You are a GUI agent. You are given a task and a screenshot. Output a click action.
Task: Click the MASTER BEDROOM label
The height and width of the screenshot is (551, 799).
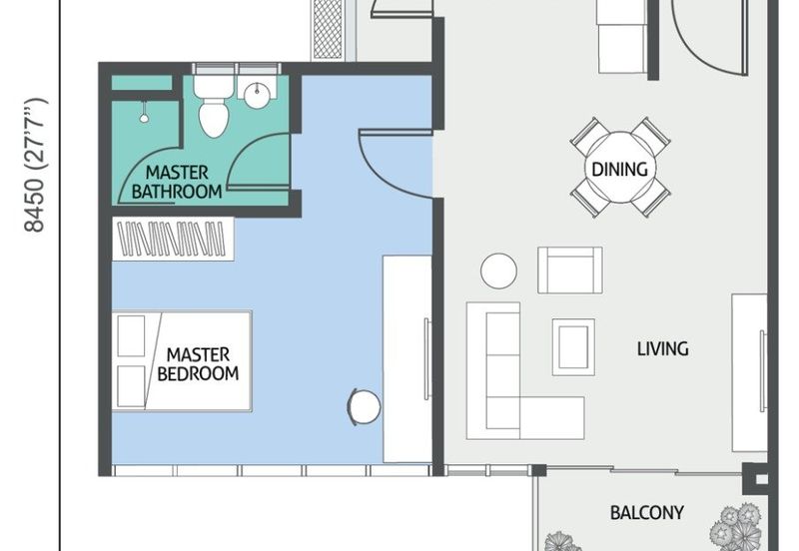click(198, 363)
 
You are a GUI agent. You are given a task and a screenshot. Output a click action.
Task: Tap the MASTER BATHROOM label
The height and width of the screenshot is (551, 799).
click(177, 182)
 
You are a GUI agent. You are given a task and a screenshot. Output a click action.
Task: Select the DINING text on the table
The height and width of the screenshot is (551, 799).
click(619, 169)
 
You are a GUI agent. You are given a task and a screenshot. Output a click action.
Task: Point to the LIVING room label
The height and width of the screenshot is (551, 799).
click(663, 348)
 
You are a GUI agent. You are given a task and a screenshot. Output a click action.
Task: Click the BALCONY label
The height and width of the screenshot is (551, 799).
click(646, 512)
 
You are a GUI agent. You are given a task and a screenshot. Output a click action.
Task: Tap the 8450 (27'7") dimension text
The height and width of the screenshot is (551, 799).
click(36, 165)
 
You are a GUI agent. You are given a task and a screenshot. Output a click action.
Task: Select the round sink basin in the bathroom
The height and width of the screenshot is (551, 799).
click(257, 95)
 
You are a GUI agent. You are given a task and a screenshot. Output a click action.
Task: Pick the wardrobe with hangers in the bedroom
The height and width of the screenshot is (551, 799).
click(173, 239)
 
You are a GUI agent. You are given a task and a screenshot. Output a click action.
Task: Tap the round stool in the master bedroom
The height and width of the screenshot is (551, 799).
click(365, 406)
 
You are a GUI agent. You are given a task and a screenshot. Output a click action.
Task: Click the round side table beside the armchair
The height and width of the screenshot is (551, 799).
click(498, 271)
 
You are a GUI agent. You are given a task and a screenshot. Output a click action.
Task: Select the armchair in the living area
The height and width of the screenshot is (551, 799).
click(570, 270)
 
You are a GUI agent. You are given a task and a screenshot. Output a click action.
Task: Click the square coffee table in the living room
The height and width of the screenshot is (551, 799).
click(573, 346)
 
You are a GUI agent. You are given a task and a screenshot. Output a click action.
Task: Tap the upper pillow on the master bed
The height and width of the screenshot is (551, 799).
click(131, 335)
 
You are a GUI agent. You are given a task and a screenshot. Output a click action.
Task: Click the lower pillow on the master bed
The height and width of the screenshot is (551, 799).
click(131, 386)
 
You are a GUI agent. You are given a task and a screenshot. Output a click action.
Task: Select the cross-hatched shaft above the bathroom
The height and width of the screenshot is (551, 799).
click(328, 29)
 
